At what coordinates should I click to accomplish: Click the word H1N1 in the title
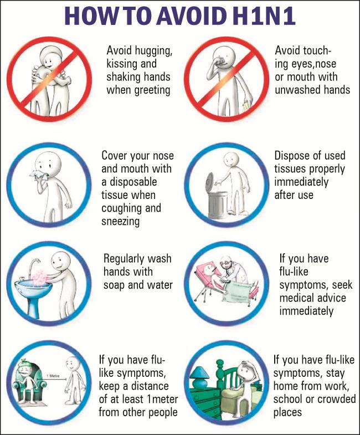tap(264, 16)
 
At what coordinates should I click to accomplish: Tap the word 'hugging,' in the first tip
tap(153, 51)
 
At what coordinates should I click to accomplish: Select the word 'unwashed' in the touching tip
tap(296, 90)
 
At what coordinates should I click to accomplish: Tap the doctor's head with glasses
tap(227, 262)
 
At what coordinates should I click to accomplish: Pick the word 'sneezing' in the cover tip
tap(120, 222)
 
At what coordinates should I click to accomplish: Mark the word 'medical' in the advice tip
tap(297, 298)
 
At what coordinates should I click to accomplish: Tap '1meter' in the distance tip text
tap(162, 399)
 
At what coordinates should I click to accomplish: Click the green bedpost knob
tap(220, 364)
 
